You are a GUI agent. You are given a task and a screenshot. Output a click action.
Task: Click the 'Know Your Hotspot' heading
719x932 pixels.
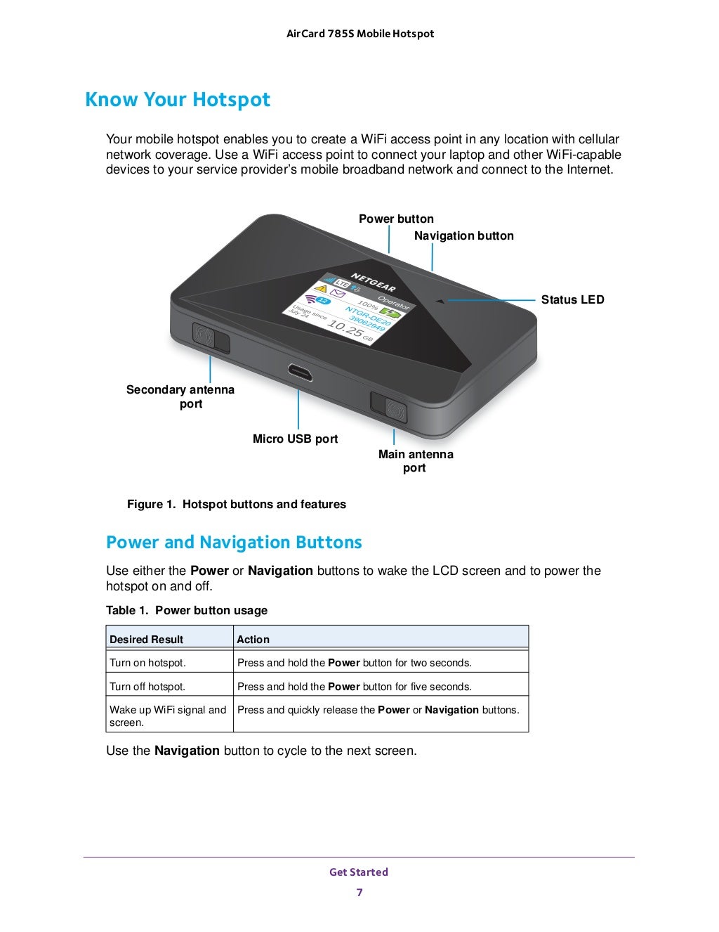click(178, 100)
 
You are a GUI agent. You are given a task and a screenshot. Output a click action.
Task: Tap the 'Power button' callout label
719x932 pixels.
click(396, 219)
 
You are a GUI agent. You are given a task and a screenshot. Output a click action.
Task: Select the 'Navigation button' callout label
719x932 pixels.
click(463, 236)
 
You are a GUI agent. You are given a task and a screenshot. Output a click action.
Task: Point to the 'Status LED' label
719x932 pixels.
click(572, 300)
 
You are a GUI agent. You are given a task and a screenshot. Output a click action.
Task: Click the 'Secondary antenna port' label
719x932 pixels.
click(180, 396)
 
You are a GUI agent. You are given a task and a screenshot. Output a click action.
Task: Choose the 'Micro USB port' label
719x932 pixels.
click(295, 439)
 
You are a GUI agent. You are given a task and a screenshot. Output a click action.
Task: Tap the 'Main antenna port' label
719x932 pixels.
click(416, 461)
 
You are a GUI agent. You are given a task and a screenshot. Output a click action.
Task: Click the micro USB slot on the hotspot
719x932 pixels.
click(299, 372)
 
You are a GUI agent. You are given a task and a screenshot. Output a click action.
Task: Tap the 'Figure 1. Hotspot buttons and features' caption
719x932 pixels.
click(237, 505)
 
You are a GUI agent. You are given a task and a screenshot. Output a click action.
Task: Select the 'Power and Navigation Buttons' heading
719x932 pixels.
click(234, 543)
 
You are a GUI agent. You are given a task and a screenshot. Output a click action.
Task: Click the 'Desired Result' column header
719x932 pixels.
click(146, 640)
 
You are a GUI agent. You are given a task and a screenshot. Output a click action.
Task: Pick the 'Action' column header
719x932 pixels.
click(253, 640)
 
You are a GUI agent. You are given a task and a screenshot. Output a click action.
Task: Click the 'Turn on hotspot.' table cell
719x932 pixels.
click(148, 663)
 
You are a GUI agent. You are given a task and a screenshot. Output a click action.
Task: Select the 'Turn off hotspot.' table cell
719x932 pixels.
click(147, 687)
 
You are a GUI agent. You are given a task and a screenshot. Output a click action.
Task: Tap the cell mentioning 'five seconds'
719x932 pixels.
click(355, 687)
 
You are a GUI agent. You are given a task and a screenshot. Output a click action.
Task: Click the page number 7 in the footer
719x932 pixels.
click(359, 893)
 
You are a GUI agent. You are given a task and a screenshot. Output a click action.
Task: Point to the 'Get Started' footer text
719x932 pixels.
click(359, 872)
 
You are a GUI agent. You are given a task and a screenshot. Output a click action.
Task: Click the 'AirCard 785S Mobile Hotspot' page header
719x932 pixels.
click(360, 34)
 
